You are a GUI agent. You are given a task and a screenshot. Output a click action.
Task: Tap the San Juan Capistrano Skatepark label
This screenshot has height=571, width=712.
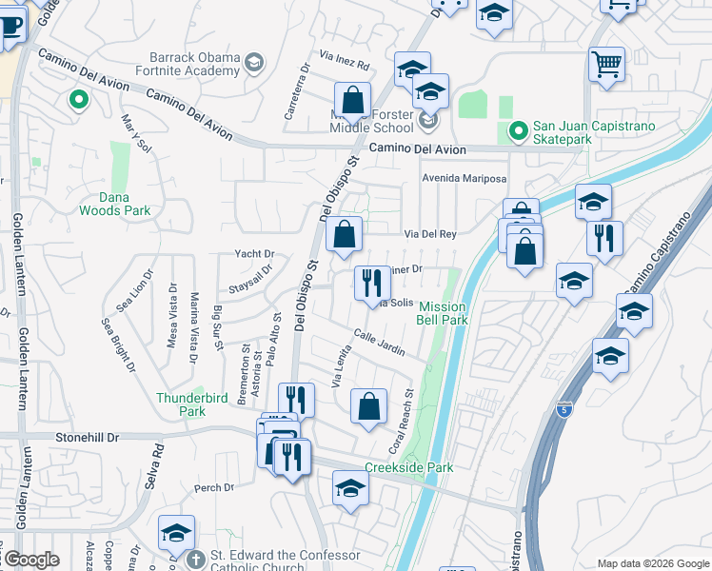562,132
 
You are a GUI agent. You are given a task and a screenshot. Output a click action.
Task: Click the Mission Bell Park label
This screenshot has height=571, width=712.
443,313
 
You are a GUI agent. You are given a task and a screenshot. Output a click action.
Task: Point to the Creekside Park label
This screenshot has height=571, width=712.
409,467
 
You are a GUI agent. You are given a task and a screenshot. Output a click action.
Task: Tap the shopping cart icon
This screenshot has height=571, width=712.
606,66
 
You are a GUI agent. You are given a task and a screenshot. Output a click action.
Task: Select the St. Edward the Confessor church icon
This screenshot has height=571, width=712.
196,559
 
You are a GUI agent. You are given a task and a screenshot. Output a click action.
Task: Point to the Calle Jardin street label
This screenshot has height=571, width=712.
380,344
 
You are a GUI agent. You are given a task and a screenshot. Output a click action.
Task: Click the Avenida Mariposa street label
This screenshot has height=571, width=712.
465,178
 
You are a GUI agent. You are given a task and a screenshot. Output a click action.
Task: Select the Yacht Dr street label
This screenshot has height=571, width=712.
254,254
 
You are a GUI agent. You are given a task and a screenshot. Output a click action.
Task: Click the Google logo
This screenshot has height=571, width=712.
31,560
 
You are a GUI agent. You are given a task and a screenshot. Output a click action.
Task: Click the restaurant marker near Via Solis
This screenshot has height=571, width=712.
371,283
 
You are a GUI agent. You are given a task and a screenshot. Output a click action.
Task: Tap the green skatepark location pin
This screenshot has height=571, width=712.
518,131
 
